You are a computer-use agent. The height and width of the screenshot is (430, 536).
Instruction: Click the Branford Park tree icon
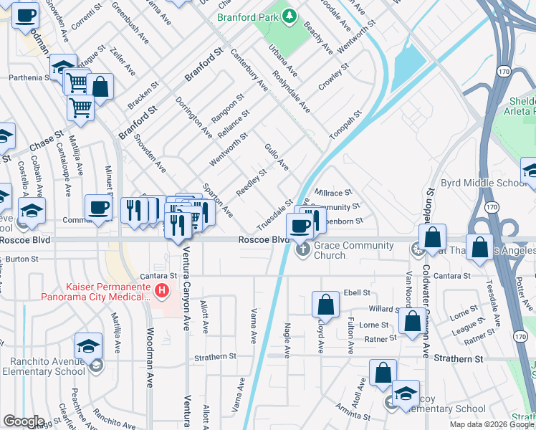tap(289, 15)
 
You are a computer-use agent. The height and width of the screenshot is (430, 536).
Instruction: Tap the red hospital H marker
tap(163, 291)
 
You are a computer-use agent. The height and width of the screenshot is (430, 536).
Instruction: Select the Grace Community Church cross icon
tap(302, 249)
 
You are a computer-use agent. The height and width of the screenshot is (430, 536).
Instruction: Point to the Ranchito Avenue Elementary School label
tap(43, 365)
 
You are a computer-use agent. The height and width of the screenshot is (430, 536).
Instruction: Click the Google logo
tap(24, 421)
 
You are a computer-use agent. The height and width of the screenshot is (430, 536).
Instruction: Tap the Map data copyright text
tap(491, 424)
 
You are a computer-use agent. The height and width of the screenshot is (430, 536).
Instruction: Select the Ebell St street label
tap(356, 292)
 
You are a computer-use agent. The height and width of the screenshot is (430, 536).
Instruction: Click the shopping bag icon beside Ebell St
tap(326, 305)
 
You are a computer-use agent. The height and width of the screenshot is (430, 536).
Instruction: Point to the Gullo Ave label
tap(277, 156)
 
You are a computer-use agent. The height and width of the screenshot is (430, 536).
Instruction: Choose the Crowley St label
tap(334, 77)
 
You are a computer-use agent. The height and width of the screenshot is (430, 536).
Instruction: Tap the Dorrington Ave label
tap(194, 116)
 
